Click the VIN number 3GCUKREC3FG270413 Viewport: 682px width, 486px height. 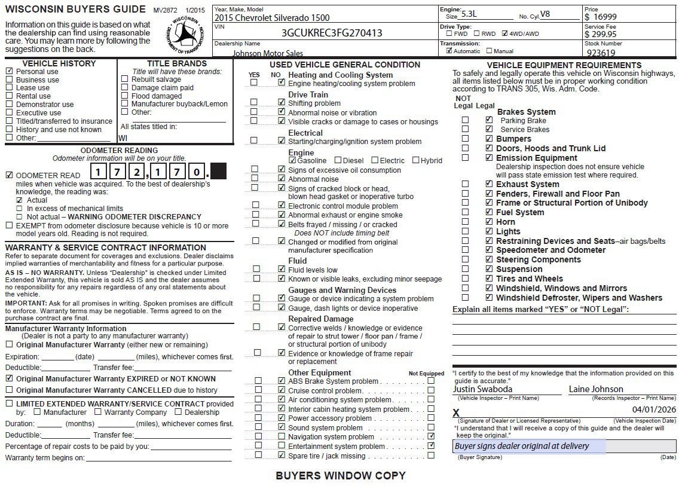(332, 33)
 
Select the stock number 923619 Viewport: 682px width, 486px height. (601, 53)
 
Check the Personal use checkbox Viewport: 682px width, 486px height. (9, 71)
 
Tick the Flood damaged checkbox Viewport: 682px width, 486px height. (124, 96)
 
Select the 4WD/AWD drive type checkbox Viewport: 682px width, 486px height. (505, 33)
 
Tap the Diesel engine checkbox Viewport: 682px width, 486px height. (338, 160)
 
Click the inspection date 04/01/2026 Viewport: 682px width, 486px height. (653, 409)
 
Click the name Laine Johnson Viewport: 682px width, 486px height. (596, 389)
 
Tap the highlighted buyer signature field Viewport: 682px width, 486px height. (529, 446)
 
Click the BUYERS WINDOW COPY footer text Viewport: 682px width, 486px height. (340, 476)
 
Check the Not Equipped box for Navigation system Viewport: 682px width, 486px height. (431, 436)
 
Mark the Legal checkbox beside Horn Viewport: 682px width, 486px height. (489, 222)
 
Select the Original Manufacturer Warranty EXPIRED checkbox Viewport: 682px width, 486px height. (9, 378)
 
